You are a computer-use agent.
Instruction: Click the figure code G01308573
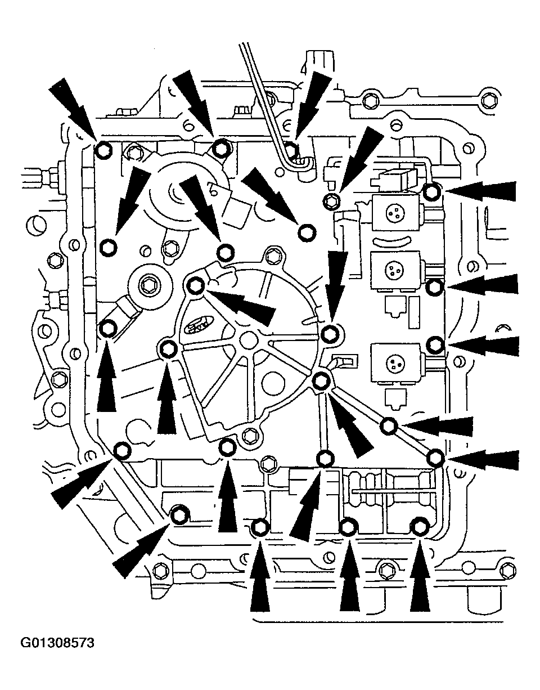(x=57, y=643)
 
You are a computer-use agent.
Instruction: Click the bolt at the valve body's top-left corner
(x=103, y=150)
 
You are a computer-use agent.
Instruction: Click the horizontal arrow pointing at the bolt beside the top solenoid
(x=481, y=191)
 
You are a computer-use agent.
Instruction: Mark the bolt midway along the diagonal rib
(x=388, y=426)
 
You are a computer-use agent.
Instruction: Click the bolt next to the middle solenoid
(x=433, y=288)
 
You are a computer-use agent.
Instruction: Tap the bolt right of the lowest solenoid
(x=435, y=343)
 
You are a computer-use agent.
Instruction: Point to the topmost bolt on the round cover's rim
(x=195, y=285)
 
